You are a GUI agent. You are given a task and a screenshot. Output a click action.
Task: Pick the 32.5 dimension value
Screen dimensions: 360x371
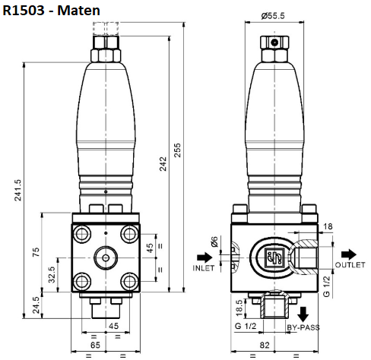point(52,274)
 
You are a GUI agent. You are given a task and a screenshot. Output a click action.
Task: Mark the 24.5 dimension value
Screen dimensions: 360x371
point(35,305)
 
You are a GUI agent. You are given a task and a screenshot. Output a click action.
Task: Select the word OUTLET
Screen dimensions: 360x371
point(350,264)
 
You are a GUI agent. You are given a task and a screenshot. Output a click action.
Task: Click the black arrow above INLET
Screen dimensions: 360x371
point(203,256)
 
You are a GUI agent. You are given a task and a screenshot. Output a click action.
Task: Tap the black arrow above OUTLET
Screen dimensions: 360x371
point(349,253)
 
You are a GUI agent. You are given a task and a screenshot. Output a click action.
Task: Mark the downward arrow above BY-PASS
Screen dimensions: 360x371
point(303,311)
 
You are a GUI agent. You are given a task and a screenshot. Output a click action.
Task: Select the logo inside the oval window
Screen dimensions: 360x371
point(272,260)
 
